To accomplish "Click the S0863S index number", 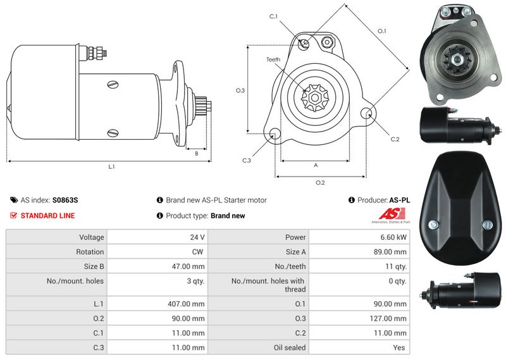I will click(x=65, y=200).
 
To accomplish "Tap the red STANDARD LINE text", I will click(x=47, y=216).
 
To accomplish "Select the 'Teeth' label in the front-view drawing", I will click(x=273, y=59).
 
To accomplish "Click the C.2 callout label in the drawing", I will click(x=395, y=139).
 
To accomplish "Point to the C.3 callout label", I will click(x=247, y=160).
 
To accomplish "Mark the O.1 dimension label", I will click(x=381, y=31).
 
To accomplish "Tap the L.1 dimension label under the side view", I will click(x=111, y=166).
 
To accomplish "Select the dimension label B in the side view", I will click(x=196, y=153).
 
